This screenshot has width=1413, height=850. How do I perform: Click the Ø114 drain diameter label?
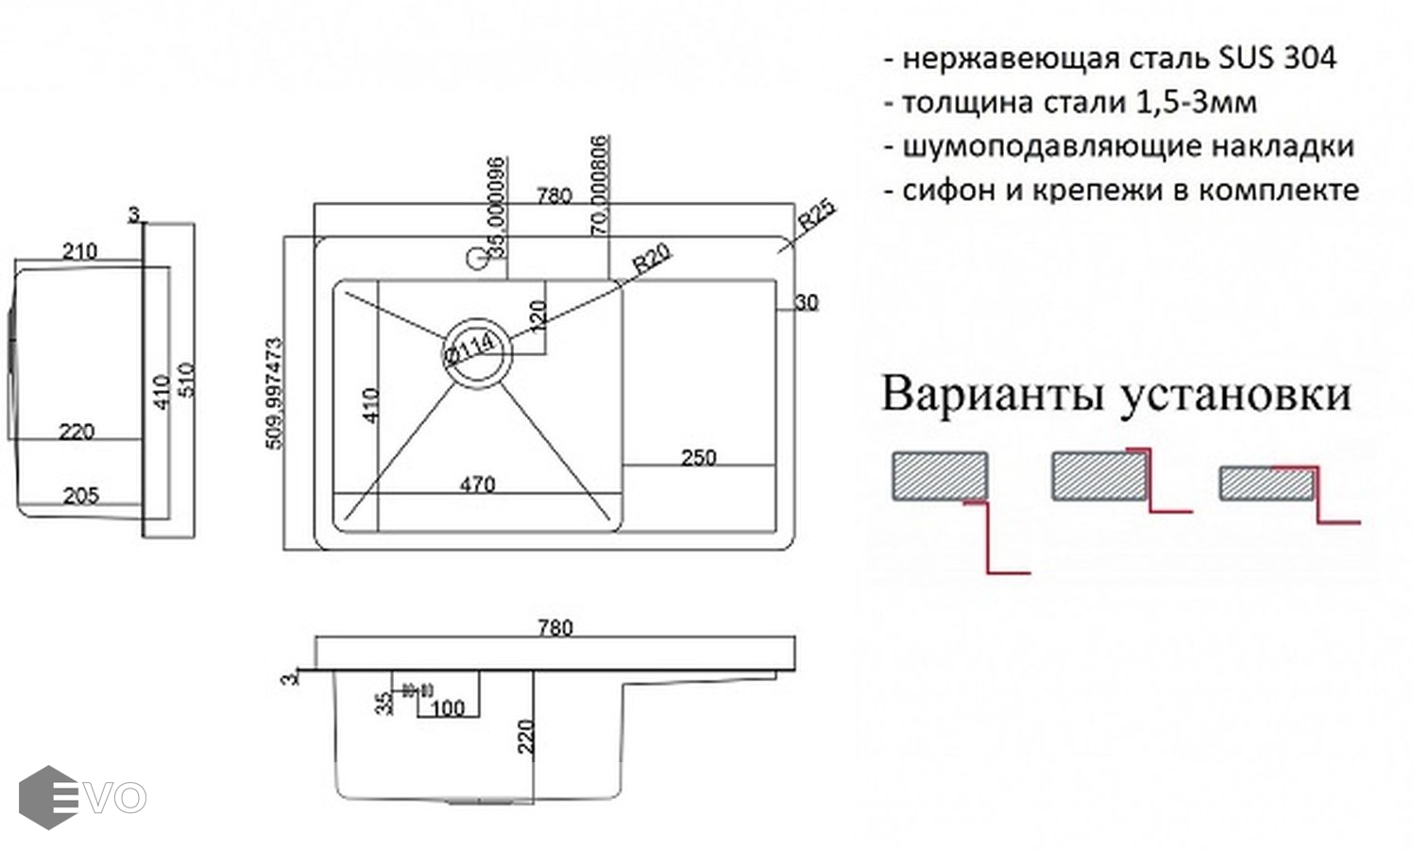coord(469,348)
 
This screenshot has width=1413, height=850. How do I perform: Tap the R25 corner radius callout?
coord(815,217)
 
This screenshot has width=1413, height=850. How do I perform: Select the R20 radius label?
coord(652,258)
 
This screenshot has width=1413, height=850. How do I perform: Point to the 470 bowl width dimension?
coord(477,484)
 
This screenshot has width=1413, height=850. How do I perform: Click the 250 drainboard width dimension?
coord(698,458)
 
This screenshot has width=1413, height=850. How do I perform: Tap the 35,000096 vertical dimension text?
coord(497,208)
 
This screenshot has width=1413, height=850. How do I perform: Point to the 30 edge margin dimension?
coord(806,303)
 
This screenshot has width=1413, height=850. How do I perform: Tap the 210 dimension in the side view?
coord(79,251)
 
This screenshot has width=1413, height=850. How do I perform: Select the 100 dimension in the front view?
coord(448,708)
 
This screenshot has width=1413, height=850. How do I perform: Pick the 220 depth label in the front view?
coord(526,736)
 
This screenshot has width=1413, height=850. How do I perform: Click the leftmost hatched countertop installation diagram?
coord(941,475)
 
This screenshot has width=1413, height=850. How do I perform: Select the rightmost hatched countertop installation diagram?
coord(1266,484)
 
